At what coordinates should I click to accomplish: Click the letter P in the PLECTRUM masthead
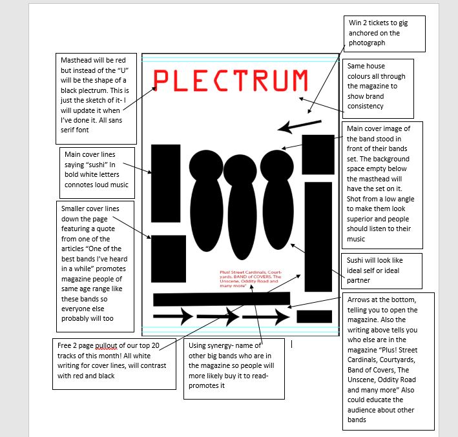[162, 80]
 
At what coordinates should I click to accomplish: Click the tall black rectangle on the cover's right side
[318, 236]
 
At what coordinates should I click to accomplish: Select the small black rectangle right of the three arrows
[314, 316]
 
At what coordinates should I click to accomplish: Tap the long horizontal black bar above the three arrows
[221, 299]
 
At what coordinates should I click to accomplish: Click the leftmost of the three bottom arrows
[172, 316]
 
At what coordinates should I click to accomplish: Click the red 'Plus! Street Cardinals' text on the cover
[251, 278]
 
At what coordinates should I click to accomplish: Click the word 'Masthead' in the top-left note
[76, 60]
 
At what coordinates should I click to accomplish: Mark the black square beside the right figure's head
[318, 154]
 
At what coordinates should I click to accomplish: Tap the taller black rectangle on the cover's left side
[165, 178]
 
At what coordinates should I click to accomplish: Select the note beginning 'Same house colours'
[376, 86]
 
